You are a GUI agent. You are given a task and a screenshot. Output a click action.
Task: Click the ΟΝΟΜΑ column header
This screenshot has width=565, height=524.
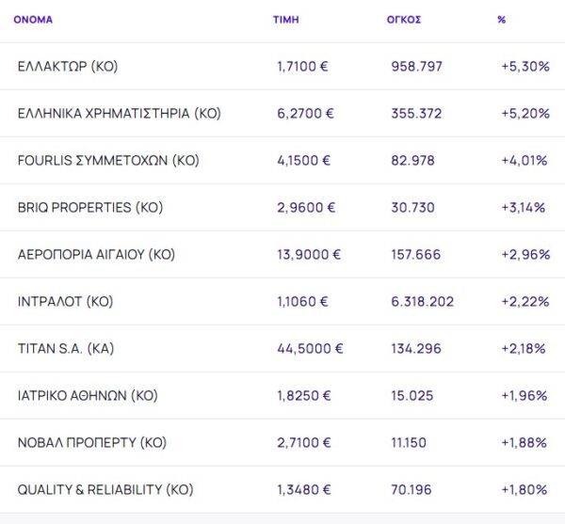pyautogui.click(x=33, y=19)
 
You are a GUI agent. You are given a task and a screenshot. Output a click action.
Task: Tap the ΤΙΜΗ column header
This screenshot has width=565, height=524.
pyautogui.click(x=286, y=19)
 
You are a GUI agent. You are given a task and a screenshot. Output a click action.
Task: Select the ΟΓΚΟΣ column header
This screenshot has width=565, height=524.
pyautogui.click(x=403, y=19)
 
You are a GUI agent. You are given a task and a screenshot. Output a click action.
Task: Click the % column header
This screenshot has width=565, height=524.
pyautogui.click(x=502, y=19)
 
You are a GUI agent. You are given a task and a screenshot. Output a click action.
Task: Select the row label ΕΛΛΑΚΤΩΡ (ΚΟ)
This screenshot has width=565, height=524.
pyautogui.click(x=68, y=67)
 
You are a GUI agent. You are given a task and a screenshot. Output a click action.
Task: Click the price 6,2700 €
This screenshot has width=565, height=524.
pyautogui.click(x=305, y=114)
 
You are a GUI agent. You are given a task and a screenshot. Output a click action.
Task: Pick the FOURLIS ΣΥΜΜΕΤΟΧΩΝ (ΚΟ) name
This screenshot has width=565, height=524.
pyautogui.click(x=108, y=161)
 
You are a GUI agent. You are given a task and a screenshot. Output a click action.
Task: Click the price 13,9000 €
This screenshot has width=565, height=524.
pyautogui.click(x=309, y=255)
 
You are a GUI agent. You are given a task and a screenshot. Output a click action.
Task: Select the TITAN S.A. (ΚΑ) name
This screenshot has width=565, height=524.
pyautogui.click(x=66, y=349)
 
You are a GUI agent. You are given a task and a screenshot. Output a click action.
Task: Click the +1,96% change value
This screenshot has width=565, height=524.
pyautogui.click(x=525, y=396)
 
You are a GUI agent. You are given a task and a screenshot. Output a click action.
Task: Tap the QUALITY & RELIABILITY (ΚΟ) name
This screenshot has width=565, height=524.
pyautogui.click(x=105, y=490)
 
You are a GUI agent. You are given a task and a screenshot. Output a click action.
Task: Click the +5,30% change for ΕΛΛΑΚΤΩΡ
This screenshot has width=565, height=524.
pyautogui.click(x=525, y=67)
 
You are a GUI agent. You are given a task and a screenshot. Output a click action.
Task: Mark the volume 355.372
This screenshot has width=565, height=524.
pyautogui.click(x=416, y=114)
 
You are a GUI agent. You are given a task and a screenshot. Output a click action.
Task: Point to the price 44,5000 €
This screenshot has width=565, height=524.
pyautogui.click(x=310, y=349)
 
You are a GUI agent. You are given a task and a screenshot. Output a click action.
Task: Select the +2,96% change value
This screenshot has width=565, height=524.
pyautogui.click(x=525, y=255)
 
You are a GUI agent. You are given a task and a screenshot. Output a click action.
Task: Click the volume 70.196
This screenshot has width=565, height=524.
pyautogui.click(x=412, y=490)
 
